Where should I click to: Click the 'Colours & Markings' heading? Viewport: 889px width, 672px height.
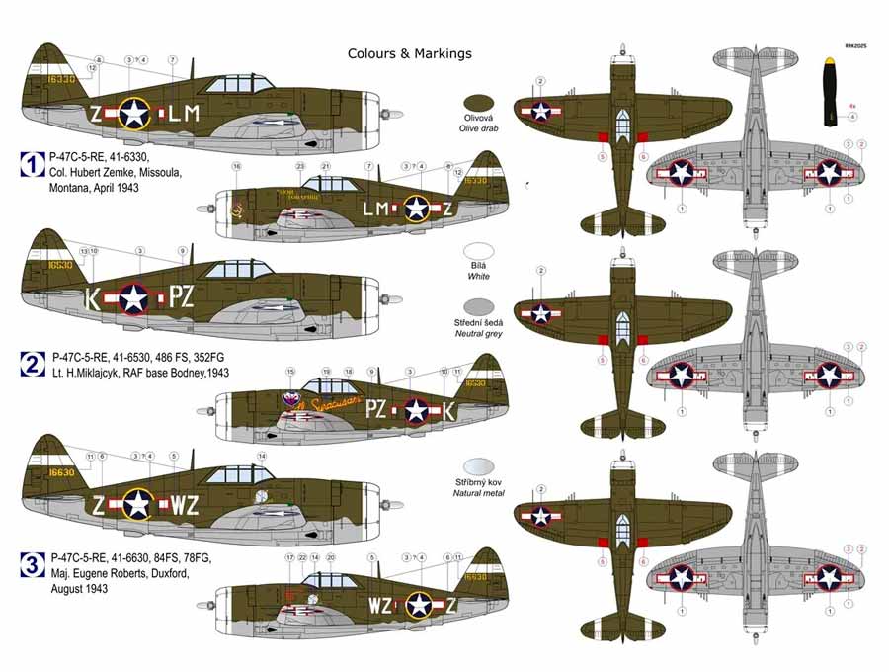tap(409, 53)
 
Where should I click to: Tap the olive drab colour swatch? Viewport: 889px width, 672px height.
tap(479, 102)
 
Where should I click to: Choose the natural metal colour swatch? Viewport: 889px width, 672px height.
tap(479, 466)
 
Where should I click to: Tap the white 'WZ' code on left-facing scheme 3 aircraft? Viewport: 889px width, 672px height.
tap(185, 506)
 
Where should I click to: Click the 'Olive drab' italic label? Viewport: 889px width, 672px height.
tap(479, 128)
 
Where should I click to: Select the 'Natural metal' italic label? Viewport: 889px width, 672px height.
tap(479, 492)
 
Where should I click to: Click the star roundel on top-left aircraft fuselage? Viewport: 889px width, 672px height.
tap(135, 114)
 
